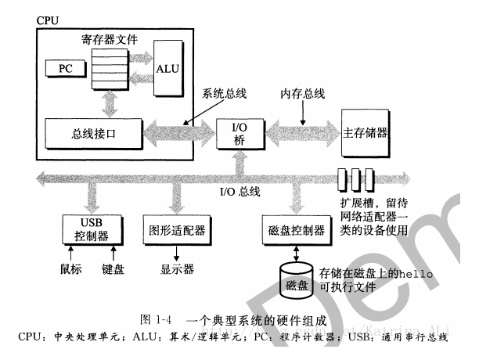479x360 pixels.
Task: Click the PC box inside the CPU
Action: pyautogui.click(x=65, y=69)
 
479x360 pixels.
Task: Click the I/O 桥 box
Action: pyautogui.click(x=240, y=131)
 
